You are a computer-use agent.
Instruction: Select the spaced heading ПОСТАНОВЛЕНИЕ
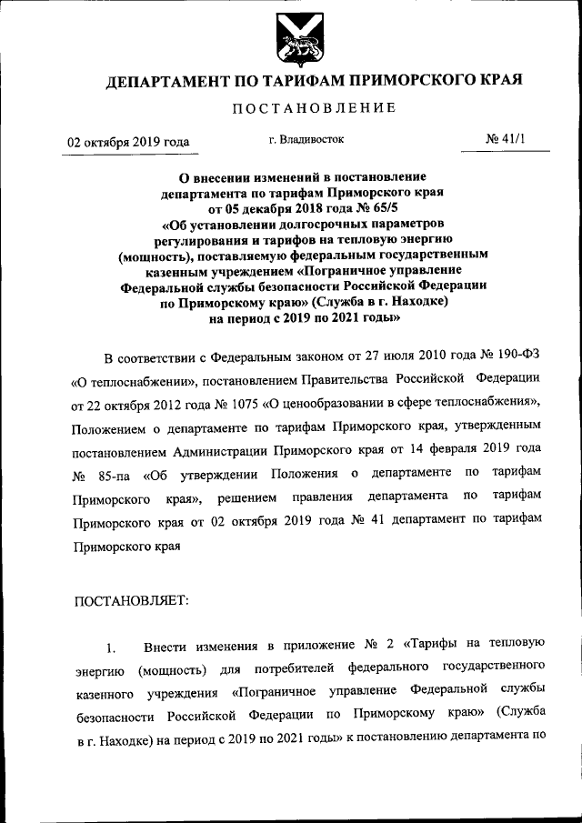[314, 109]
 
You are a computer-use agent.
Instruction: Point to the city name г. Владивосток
[312, 140]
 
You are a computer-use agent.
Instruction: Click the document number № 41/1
[506, 140]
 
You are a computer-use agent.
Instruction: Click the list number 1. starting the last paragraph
[110, 647]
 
